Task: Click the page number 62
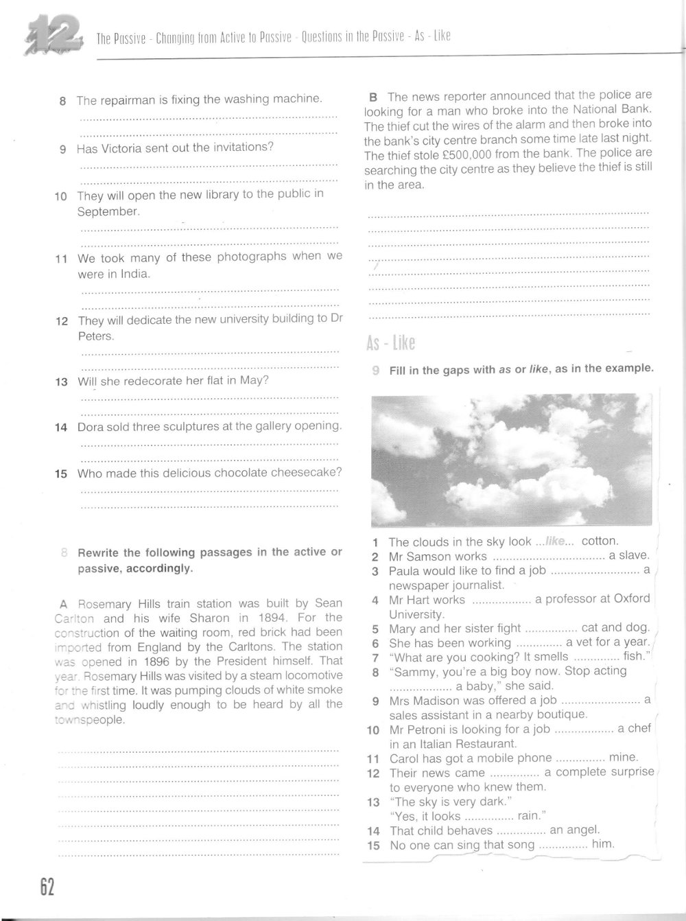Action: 46,887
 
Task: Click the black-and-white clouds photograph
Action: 511,459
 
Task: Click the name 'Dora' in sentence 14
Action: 90,426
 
